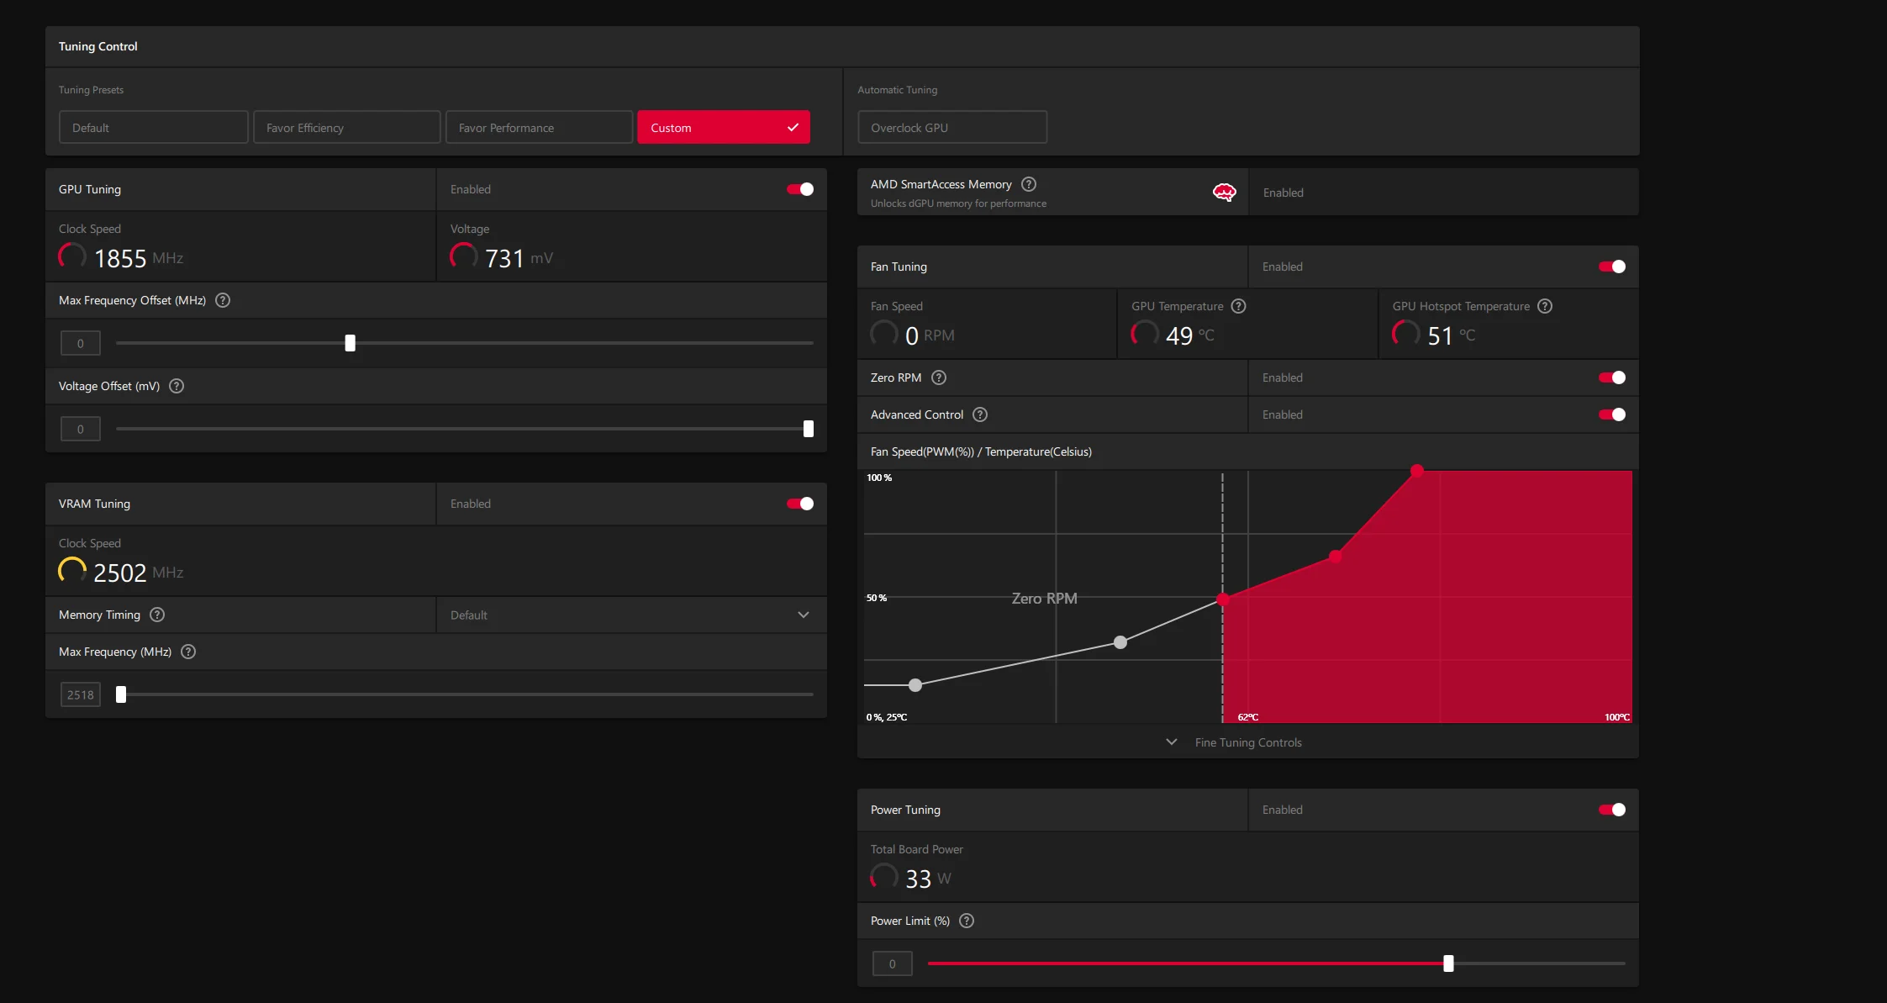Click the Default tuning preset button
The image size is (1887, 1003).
(x=153, y=128)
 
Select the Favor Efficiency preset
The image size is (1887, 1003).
(x=346, y=128)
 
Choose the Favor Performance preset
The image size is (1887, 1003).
(x=539, y=128)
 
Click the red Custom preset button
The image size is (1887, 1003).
(x=723, y=128)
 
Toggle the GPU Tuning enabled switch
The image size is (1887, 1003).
(x=800, y=189)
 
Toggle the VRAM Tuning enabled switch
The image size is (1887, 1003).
(x=800, y=504)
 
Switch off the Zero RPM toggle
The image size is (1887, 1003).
(x=1612, y=377)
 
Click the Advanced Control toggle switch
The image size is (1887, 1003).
(x=1612, y=414)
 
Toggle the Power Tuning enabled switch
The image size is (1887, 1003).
(x=1612, y=810)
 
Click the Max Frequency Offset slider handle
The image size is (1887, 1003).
(x=351, y=343)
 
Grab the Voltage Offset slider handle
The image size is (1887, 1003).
(x=809, y=429)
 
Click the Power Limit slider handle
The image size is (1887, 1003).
(x=1448, y=963)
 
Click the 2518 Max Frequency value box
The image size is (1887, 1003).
(x=81, y=695)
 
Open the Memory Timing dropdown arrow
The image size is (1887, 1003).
(x=804, y=615)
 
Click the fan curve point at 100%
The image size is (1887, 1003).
(x=1417, y=471)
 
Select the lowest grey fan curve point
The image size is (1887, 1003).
(x=915, y=685)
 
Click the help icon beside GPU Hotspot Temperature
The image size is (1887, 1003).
(x=1545, y=306)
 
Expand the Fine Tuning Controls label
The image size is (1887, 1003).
(x=1248, y=742)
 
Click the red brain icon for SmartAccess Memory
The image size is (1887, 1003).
(x=1225, y=193)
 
